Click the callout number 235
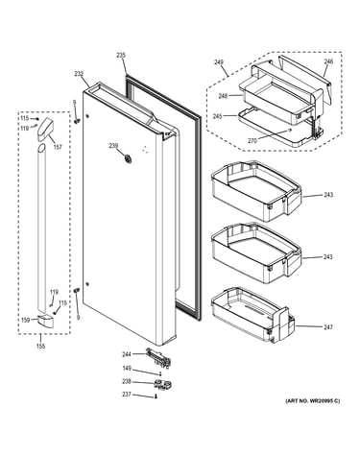pos(121,56)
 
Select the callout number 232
pos(79,74)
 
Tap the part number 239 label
pos(113,146)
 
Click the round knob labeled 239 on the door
pos(128,158)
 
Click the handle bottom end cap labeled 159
pos(46,321)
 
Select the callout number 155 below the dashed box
pos(40,346)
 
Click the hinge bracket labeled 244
pos(158,356)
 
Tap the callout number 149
pos(127,369)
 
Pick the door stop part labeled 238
pos(162,384)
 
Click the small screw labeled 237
pos(156,396)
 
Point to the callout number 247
pos(328,327)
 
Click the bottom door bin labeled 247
pos(252,314)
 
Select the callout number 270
pos(252,140)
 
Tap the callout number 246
pos(328,61)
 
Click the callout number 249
pos(219,62)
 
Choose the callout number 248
pos(224,96)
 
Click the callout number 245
pos(217,116)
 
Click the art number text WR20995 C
pos(322,400)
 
